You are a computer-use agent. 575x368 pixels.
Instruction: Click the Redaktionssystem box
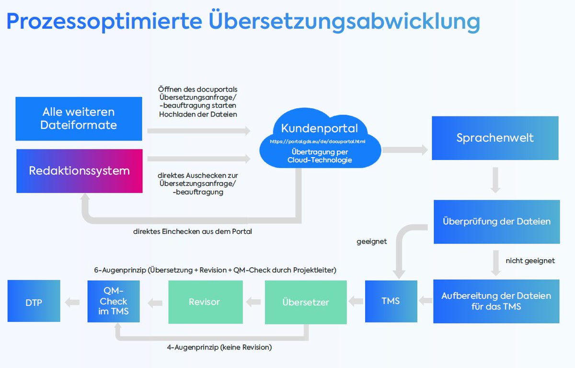click(x=79, y=171)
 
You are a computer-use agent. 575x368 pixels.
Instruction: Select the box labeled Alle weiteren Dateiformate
click(x=79, y=119)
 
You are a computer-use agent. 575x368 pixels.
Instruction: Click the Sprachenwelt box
click(x=495, y=138)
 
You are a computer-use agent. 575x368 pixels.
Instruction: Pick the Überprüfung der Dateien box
click(x=496, y=221)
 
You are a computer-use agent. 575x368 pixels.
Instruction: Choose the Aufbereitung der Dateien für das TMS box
click(x=496, y=301)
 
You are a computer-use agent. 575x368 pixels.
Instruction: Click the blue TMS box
click(x=391, y=301)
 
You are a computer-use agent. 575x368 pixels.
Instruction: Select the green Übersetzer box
click(x=305, y=302)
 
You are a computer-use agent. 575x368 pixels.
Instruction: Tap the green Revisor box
click(x=205, y=302)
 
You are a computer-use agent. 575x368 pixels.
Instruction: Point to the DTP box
click(x=34, y=301)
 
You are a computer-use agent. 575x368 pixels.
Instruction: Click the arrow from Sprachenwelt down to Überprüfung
click(x=495, y=180)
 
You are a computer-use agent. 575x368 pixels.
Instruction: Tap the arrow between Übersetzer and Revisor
click(x=253, y=302)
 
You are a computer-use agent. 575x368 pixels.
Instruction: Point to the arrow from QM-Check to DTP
click(x=73, y=302)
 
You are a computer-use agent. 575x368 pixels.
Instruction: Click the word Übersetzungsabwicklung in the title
click(x=344, y=21)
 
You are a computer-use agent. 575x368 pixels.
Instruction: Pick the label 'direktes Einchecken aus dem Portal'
click(x=192, y=231)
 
